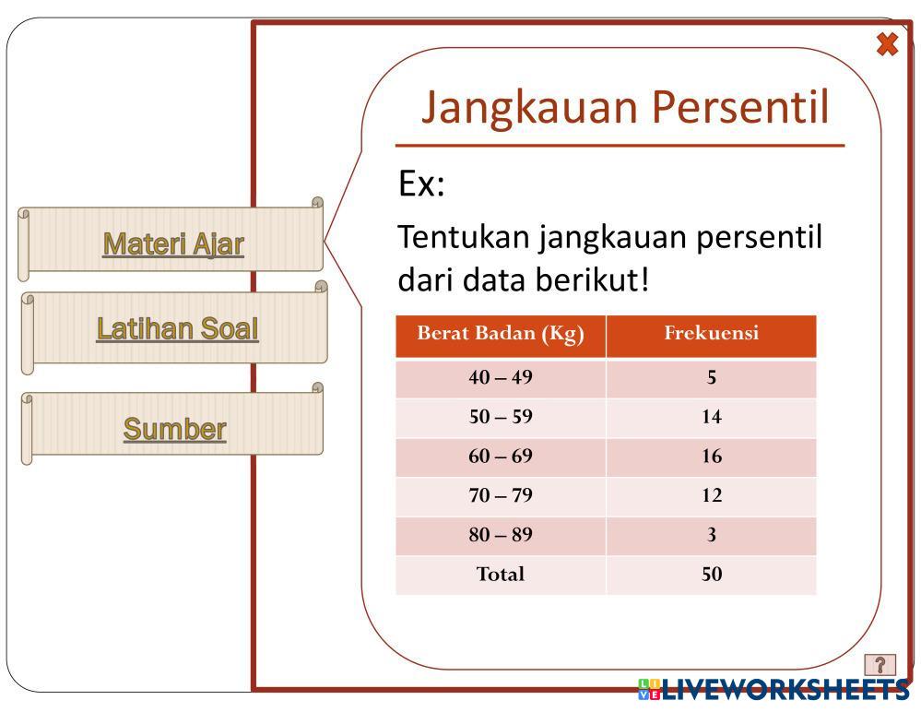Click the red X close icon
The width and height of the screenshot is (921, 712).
(x=887, y=44)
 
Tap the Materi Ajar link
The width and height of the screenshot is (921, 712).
(x=173, y=244)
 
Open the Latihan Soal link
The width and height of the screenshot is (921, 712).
(x=177, y=328)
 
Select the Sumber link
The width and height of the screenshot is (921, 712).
(x=174, y=429)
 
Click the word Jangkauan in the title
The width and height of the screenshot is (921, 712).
(x=530, y=108)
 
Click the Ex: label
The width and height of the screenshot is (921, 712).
(x=421, y=183)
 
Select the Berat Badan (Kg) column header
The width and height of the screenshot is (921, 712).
(x=501, y=333)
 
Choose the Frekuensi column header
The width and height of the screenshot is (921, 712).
(x=712, y=333)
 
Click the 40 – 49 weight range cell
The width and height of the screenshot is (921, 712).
(x=501, y=377)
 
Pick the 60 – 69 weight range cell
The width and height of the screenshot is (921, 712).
(x=501, y=456)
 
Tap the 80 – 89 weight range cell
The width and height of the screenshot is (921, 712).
(x=501, y=535)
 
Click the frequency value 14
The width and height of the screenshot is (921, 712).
(x=712, y=417)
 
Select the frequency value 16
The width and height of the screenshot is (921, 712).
(x=712, y=456)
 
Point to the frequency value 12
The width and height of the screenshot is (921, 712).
(x=712, y=495)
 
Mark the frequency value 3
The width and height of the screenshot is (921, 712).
(x=712, y=535)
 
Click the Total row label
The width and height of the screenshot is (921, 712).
(x=501, y=574)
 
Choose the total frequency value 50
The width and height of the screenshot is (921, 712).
(x=712, y=574)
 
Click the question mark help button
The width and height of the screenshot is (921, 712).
(x=880, y=665)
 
